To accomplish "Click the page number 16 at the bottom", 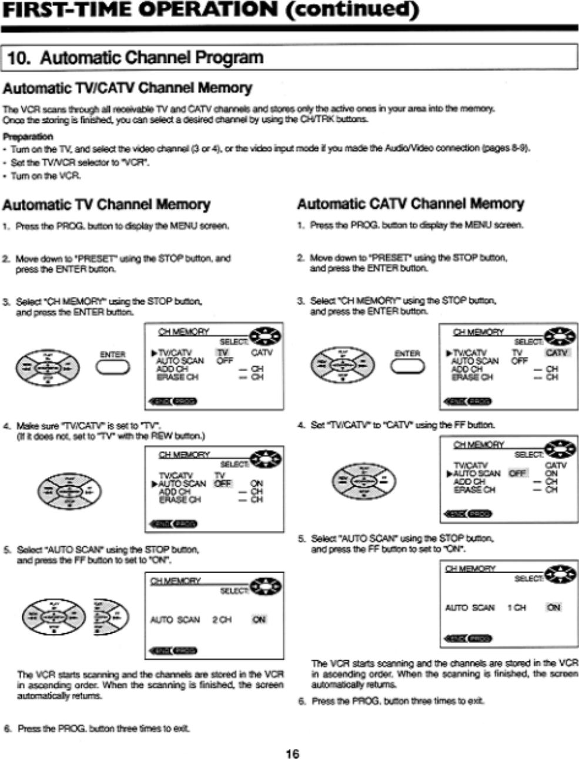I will click(292, 753).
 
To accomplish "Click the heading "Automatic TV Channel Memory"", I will click(106, 205).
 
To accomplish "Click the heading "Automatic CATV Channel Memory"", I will click(410, 204).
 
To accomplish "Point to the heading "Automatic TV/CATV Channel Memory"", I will click(128, 89).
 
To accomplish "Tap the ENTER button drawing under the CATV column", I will click(407, 366).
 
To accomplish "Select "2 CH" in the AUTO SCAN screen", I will click(222, 620).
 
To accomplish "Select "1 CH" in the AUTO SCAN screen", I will click(517, 607).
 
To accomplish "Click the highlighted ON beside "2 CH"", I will click(259, 620).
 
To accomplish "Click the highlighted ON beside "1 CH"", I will click(554, 607).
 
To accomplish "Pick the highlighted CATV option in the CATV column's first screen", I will click(556, 353).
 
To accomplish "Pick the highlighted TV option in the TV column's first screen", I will click(223, 353).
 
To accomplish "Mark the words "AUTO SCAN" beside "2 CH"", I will click(175, 620).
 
